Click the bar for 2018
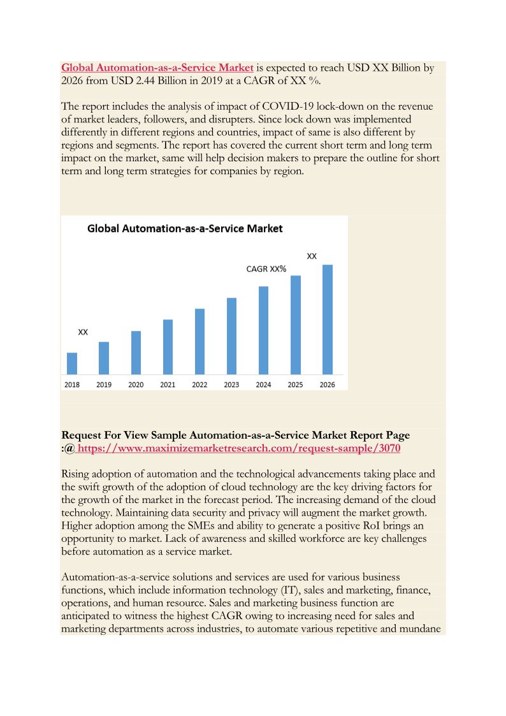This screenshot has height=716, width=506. pyautogui.click(x=72, y=363)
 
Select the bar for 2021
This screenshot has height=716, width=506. pyautogui.click(x=168, y=347)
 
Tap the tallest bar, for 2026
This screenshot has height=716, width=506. pyautogui.click(x=327, y=319)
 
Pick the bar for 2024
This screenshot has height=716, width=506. pyautogui.click(x=263, y=330)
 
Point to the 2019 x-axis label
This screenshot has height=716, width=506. pyautogui.click(x=104, y=384)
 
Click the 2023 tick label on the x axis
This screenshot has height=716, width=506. pyautogui.click(x=231, y=384)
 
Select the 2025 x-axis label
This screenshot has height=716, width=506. pyautogui.click(x=295, y=384)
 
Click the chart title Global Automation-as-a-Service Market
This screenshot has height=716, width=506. pyautogui.click(x=185, y=228)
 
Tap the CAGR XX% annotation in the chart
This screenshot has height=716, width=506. pyautogui.click(x=266, y=269)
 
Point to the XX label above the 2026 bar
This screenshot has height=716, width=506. pyautogui.click(x=312, y=256)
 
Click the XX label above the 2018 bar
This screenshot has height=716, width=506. pyautogui.click(x=83, y=332)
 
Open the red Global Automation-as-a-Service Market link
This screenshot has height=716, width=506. pyautogui.click(x=157, y=68)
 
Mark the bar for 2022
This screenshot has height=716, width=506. pyautogui.click(x=199, y=341)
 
